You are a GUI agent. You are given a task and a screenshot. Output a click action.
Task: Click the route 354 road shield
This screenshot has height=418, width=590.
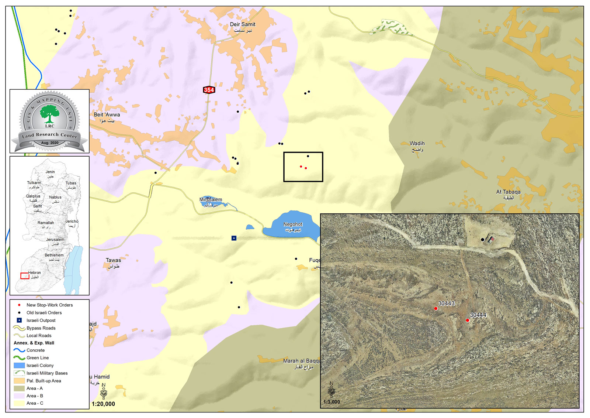[209, 90]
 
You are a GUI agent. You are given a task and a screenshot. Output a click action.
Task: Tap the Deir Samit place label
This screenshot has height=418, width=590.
[243, 25]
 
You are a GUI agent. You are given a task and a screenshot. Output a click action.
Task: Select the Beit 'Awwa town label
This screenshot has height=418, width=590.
[107, 115]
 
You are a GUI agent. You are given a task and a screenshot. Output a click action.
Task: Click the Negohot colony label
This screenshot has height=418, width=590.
[293, 225]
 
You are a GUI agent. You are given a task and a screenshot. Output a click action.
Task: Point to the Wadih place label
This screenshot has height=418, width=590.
[417, 144]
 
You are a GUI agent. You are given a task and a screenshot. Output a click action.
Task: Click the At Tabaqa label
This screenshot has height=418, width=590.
[508, 192]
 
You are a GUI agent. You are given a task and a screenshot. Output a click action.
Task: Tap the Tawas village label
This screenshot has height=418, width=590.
[113, 260]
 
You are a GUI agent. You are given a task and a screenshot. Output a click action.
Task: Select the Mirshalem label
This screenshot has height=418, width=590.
[211, 200]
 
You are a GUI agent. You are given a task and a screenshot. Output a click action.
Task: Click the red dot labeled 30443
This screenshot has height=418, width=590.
[435, 308]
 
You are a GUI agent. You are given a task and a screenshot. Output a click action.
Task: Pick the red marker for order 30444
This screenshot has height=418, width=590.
[468, 320]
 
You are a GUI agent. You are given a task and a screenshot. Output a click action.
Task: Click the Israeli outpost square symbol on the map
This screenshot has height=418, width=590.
[234, 238]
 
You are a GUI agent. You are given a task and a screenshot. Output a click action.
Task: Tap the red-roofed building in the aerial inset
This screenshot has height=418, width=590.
[491, 240]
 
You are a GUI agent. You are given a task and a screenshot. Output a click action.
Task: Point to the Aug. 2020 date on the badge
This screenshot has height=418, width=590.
[50, 143]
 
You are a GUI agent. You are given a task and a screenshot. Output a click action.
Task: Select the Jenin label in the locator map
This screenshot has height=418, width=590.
[50, 172]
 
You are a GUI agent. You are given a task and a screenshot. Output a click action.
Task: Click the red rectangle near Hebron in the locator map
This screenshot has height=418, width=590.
[25, 276]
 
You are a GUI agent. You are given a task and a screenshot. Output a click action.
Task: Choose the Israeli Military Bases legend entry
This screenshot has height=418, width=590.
[47, 373]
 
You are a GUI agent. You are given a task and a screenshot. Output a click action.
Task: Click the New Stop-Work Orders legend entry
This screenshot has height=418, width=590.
[49, 305]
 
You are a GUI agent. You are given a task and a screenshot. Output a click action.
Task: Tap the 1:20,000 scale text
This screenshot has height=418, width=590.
[103, 404]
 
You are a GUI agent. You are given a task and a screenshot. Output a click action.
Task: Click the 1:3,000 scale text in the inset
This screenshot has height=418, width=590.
[332, 402]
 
